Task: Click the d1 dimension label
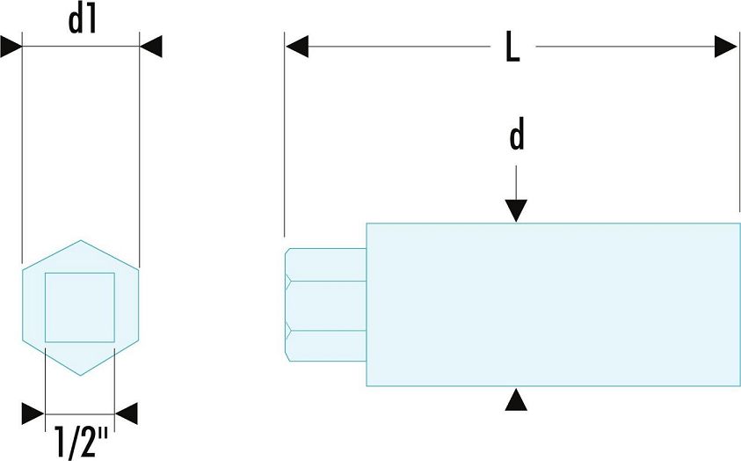click(x=83, y=21)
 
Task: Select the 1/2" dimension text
click(x=81, y=443)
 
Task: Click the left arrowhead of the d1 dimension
click(x=11, y=47)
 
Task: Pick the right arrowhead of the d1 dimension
click(x=151, y=47)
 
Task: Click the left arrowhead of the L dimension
click(x=297, y=47)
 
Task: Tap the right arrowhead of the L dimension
click(x=726, y=47)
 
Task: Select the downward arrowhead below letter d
click(x=516, y=211)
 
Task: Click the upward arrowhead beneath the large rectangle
click(x=516, y=399)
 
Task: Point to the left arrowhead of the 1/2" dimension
click(x=33, y=413)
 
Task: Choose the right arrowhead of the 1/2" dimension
click(x=127, y=413)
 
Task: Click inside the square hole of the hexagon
click(x=80, y=307)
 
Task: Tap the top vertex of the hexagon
click(x=80, y=240)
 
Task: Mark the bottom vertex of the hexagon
click(x=80, y=376)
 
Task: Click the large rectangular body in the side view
click(x=554, y=304)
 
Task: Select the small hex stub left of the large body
click(x=325, y=304)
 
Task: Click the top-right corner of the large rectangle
click(x=740, y=223)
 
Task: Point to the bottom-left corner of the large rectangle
click(x=367, y=386)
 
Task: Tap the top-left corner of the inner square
click(x=46, y=274)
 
